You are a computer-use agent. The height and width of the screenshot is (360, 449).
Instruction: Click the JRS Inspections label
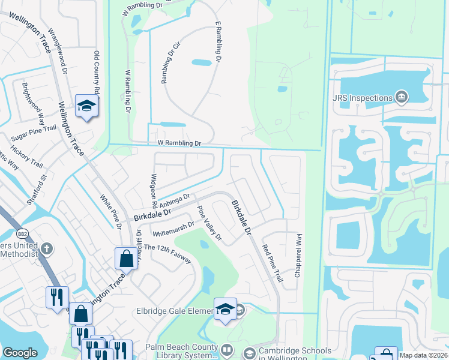(362, 97)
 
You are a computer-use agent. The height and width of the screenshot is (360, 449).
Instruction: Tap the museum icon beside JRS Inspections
(402, 97)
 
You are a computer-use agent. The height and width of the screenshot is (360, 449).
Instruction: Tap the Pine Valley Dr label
(209, 224)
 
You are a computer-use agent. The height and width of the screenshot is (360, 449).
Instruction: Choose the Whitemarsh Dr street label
(173, 228)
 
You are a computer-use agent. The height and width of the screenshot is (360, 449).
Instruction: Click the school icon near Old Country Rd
(86, 106)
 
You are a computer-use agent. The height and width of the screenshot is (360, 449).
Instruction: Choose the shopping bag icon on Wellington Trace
(126, 259)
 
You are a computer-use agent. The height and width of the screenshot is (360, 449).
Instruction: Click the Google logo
(20, 353)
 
